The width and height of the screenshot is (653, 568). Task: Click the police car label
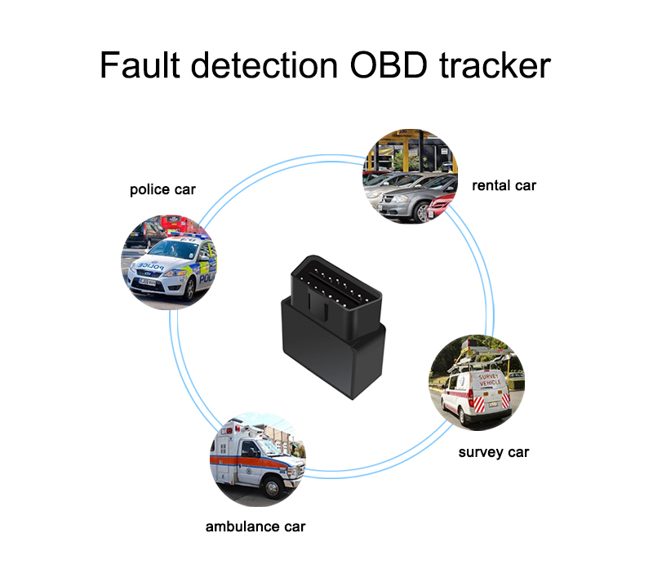[x=163, y=190]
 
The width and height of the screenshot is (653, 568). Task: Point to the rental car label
[x=504, y=185]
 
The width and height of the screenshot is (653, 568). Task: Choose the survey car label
[x=494, y=452]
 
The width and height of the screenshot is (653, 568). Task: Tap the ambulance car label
[x=255, y=526]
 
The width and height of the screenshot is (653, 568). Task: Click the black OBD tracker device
[x=335, y=326]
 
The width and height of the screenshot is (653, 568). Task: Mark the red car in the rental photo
[x=444, y=204]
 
